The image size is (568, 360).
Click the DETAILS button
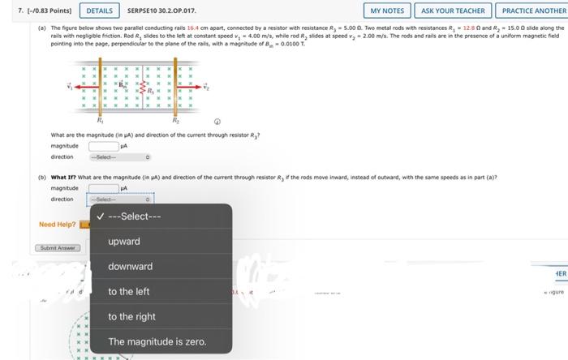click(100, 11)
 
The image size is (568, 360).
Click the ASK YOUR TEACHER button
click(454, 11)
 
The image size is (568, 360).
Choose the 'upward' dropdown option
click(124, 242)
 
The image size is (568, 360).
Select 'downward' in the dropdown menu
click(130, 267)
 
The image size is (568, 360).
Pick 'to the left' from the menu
click(129, 292)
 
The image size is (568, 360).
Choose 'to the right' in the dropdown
click(131, 317)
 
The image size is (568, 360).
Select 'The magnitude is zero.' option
click(157, 341)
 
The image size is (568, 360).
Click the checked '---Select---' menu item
click(135, 216)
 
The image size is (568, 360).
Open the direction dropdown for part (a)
click(120, 156)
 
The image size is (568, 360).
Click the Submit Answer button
click(56, 247)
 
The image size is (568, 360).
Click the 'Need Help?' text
click(57, 225)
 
